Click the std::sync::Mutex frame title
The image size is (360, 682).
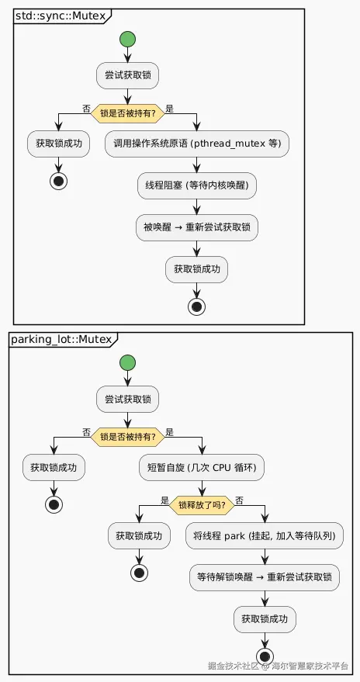[x=61, y=16]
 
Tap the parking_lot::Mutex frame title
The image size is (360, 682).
[x=61, y=339]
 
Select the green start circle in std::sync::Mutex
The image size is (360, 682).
[x=127, y=39]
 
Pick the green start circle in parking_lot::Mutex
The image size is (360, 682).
[x=127, y=362]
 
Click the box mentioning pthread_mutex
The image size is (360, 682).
[x=197, y=144]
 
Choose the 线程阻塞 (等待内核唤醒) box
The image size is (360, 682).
[x=197, y=185]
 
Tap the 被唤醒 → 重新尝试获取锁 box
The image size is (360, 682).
[x=197, y=227]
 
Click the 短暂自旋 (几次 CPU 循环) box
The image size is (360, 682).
[x=202, y=468]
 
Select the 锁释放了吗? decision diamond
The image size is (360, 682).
[x=202, y=505]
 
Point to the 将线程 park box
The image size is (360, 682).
[x=265, y=536]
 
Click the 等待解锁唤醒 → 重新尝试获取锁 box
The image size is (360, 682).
[x=265, y=577]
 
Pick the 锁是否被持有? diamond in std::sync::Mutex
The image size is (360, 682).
[x=127, y=113]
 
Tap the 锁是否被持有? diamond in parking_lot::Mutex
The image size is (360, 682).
[x=127, y=436]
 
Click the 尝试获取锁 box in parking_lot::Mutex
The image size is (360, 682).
[x=127, y=400]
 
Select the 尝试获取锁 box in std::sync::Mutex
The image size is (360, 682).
[x=127, y=76]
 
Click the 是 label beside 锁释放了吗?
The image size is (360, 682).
[x=164, y=500]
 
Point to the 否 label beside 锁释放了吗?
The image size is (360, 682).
[x=239, y=500]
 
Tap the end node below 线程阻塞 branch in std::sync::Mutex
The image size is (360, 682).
[x=197, y=307]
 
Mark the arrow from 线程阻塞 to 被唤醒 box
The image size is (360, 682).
[x=197, y=206]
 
